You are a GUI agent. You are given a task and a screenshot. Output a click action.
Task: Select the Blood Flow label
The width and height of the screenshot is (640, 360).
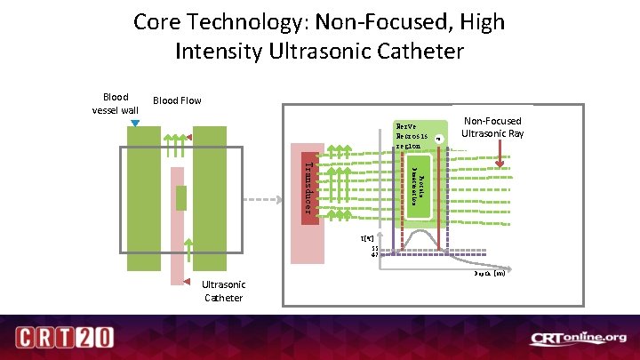coord(178,100)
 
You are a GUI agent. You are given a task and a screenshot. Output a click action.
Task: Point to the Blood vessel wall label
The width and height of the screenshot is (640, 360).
coord(115,103)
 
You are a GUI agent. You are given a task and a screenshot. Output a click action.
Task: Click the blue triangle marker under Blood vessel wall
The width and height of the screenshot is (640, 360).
coord(135,123)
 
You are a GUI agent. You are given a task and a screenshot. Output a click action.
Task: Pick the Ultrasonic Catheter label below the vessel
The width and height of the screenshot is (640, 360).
coord(223,291)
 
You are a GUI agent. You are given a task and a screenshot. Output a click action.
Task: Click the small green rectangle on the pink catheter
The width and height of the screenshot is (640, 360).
coord(181,198)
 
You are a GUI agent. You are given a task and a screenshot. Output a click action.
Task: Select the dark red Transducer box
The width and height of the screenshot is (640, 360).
coord(308,188)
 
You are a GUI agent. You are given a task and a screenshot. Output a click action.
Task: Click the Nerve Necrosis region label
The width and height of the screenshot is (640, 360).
coord(412,136)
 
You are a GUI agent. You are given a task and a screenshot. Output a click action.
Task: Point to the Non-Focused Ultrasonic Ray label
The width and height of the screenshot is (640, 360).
coord(492,127)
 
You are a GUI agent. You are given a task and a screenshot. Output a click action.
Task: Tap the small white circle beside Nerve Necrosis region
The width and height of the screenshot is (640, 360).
coord(438,139)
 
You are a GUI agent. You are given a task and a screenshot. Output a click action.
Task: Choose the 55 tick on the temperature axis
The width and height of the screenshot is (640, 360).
coord(374,248)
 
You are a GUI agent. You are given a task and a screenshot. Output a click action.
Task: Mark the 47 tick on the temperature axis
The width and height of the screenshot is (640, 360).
coord(374,255)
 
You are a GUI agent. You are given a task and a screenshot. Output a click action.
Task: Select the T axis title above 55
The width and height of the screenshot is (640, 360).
coord(368,239)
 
